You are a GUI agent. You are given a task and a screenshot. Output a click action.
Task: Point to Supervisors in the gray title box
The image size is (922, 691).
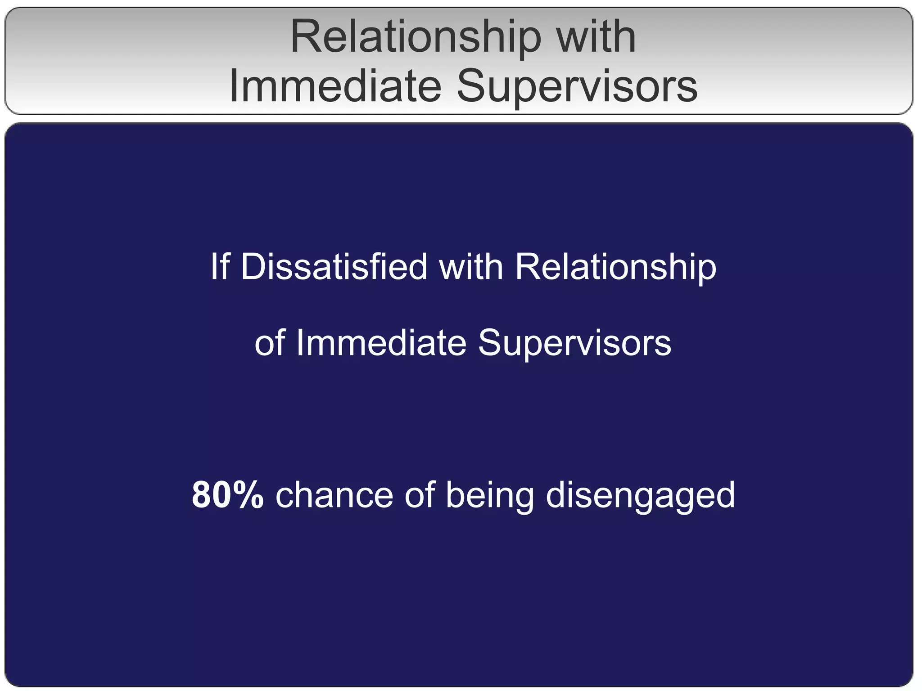point(577,86)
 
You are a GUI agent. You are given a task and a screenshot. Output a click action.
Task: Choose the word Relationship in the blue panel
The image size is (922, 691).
point(615,268)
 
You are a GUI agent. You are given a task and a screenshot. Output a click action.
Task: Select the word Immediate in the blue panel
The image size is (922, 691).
point(381,343)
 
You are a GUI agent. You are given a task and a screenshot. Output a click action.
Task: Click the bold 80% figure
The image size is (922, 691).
point(227,495)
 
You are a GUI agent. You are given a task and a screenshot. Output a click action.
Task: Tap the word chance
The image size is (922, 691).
point(334,495)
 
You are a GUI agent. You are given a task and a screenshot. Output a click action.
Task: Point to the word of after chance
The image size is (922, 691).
point(419,495)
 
